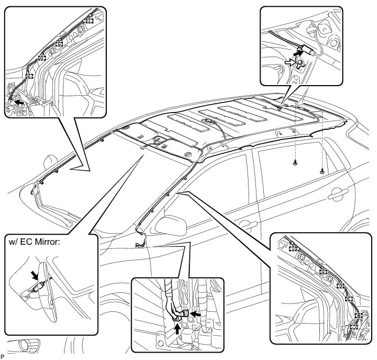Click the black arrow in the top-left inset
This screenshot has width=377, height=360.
17,99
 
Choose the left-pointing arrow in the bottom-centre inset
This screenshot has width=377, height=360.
196,313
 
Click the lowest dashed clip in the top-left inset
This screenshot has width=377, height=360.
29,76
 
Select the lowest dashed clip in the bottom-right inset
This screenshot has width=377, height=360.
354,327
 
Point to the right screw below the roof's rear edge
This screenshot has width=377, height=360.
322,171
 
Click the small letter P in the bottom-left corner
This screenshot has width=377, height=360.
3,357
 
